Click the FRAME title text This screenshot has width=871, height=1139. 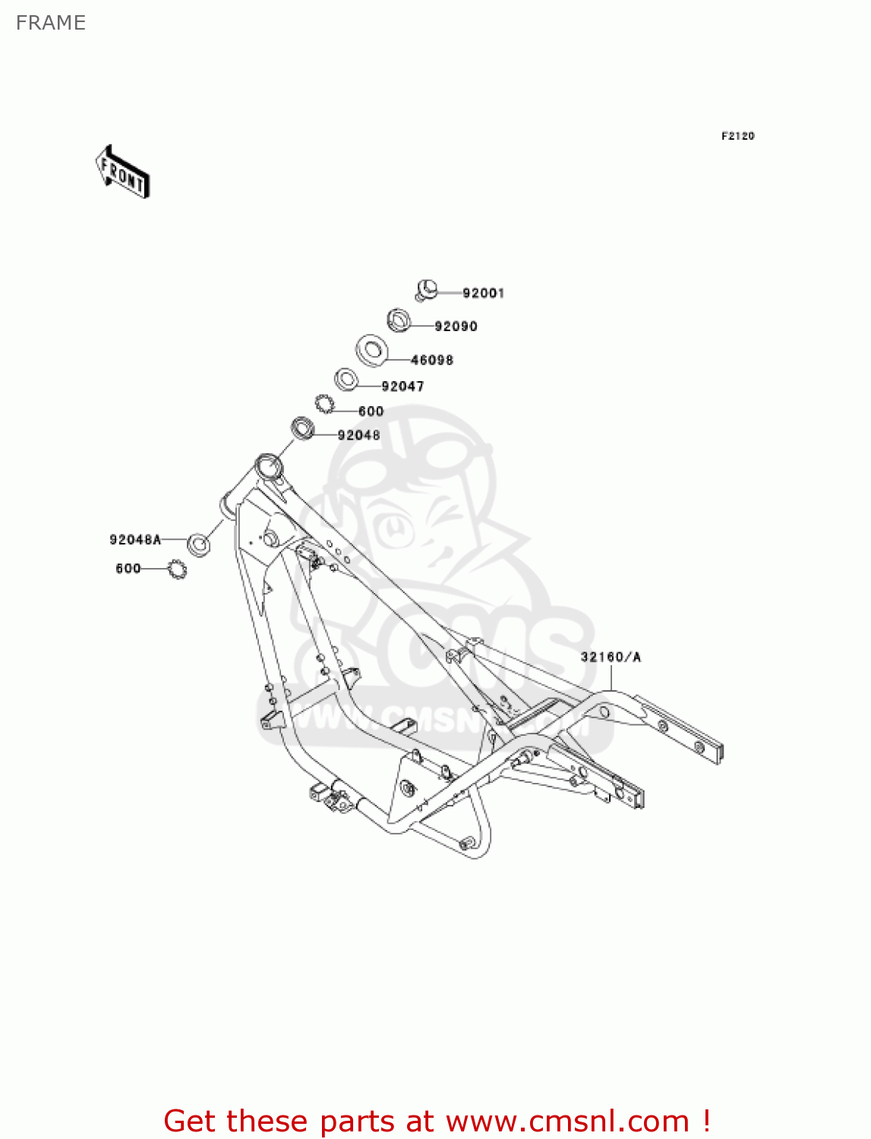[51, 23]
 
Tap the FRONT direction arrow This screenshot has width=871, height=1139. [122, 172]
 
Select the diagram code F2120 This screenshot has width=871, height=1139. [737, 136]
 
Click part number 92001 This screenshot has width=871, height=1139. [483, 293]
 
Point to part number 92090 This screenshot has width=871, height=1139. [456, 327]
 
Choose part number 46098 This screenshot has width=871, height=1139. [431, 360]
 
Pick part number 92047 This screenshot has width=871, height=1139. [402, 387]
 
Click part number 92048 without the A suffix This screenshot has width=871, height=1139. [358, 435]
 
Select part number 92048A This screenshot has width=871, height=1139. [135, 540]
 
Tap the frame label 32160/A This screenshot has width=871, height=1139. [611, 657]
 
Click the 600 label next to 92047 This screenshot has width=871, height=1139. [371, 412]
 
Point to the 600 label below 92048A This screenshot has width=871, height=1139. [128, 569]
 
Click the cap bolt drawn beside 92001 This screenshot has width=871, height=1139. [428, 289]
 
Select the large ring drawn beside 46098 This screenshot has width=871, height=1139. [372, 349]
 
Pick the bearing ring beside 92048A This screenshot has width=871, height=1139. [199, 544]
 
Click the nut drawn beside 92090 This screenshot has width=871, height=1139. [399, 320]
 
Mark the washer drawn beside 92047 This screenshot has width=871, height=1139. [346, 379]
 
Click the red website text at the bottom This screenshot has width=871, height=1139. [437, 1121]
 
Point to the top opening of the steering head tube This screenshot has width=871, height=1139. [267, 463]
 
